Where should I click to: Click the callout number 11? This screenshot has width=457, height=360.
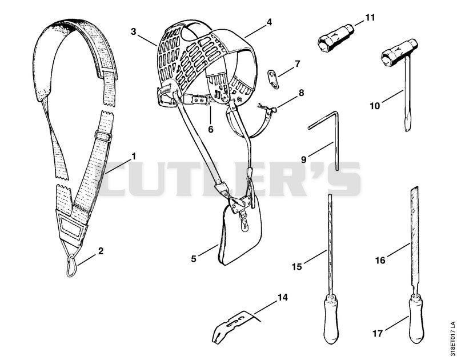[x=370, y=18]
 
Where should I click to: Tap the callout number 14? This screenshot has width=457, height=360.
[x=282, y=297]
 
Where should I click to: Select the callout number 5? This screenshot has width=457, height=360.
[x=194, y=258]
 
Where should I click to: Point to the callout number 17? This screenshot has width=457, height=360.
[x=378, y=333]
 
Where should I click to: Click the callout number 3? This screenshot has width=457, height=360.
[x=134, y=31]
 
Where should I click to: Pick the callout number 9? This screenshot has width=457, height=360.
[x=304, y=159]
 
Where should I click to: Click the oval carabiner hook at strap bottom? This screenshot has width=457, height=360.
[x=72, y=265]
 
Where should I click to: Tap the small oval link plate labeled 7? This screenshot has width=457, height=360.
[x=274, y=79]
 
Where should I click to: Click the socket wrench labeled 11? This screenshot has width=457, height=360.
[x=336, y=38]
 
